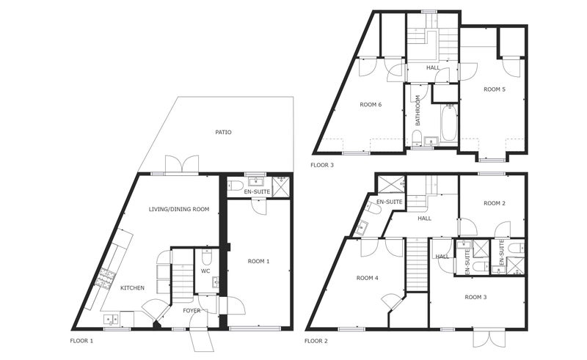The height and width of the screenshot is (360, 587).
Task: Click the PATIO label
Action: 223,132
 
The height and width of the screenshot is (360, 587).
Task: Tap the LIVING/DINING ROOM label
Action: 179,209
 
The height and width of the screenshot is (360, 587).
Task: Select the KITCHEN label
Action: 132,287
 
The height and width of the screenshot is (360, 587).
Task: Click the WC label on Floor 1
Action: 205,271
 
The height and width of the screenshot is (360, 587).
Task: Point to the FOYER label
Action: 192,311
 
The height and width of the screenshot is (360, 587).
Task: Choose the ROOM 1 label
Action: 258,261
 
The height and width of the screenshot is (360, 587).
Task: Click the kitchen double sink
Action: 111,319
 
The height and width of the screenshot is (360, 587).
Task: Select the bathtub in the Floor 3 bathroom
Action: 449,123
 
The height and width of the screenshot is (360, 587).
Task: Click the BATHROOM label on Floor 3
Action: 418,110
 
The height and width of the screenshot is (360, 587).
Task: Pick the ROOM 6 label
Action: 371,105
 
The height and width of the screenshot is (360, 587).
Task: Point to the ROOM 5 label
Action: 495,89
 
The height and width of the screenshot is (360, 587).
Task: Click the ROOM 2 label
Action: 495,203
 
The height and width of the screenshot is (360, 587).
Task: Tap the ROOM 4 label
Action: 368,278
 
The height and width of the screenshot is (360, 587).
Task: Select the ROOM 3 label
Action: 475,297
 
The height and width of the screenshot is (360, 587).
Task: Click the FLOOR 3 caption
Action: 322,165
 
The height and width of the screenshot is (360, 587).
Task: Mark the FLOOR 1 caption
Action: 81,341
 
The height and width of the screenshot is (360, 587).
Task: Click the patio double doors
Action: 182,165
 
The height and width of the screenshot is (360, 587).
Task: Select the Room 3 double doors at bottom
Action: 486,338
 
